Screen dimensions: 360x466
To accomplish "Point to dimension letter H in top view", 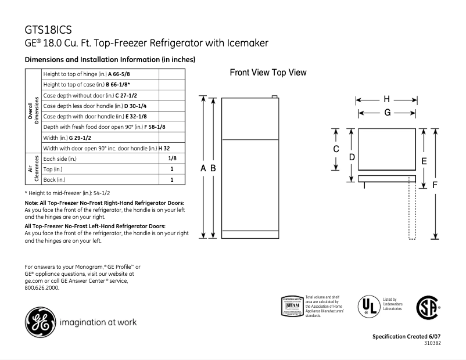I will [x=386, y=99].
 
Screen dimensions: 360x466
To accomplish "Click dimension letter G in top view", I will [x=386, y=113].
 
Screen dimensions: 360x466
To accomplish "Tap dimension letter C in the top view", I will [x=336, y=149].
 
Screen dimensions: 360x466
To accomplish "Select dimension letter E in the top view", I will [x=425, y=161].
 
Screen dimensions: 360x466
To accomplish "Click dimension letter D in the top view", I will [x=352, y=157].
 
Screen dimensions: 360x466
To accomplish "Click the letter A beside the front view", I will [x=203, y=168].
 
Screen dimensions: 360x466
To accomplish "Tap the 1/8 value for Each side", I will [x=172, y=158].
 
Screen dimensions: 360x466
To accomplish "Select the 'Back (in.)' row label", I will [x=56, y=179].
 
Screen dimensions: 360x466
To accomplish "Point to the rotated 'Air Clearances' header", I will [x=33, y=169].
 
